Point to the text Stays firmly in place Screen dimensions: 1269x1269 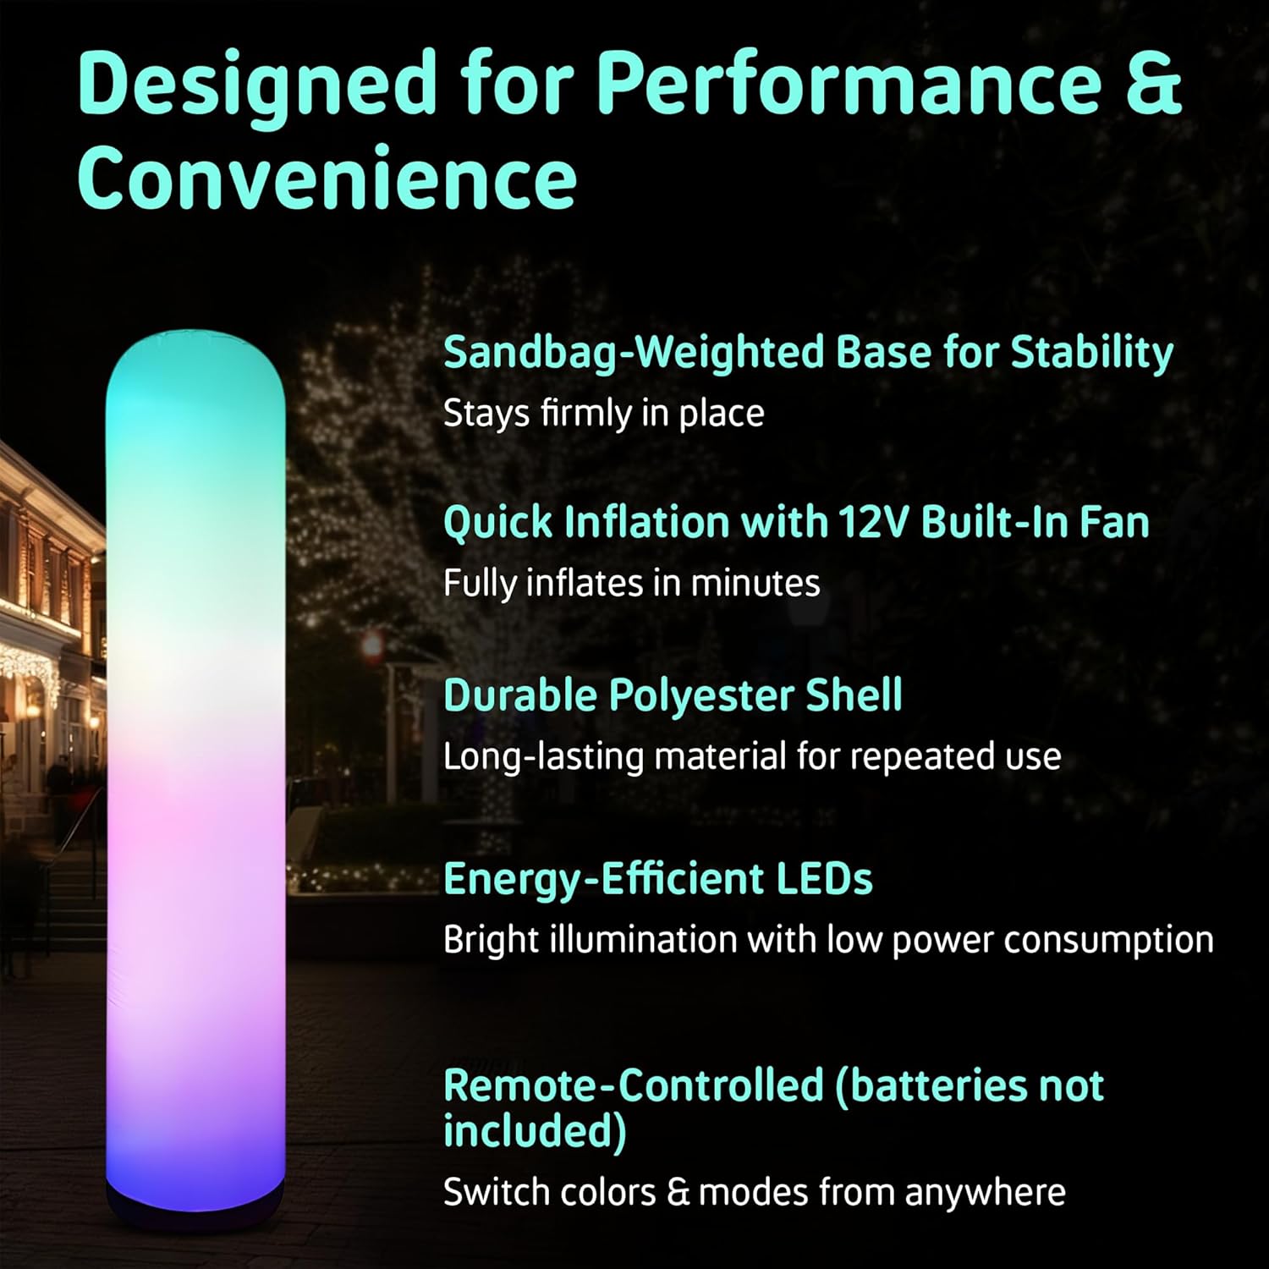point(603,414)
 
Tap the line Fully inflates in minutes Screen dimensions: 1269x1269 point(631,584)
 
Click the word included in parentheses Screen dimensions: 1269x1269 point(533,1132)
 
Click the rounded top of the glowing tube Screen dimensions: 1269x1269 point(195,355)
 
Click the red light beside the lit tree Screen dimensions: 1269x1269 point(371,647)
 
